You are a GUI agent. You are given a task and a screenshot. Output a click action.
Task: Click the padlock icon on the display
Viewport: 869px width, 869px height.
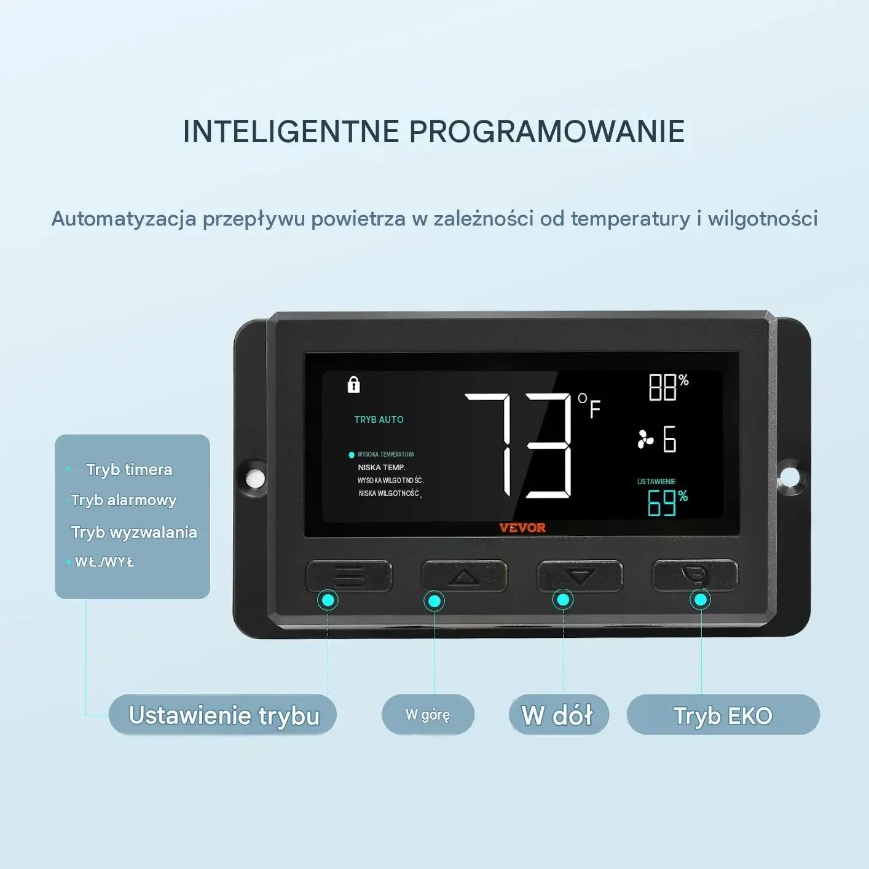pyautogui.click(x=353, y=384)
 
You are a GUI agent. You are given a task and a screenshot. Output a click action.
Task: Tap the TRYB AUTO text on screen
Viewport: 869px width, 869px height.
pyautogui.click(x=379, y=419)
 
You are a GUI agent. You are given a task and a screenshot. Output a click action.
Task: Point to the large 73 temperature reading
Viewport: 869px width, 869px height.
pyautogui.click(x=518, y=445)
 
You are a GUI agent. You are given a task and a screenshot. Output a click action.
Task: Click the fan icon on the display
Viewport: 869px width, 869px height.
pyautogui.click(x=645, y=439)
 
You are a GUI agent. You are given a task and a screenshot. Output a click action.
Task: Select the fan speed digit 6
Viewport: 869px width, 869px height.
pyautogui.click(x=670, y=439)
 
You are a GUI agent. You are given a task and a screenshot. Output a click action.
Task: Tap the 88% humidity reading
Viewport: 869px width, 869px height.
pyautogui.click(x=669, y=387)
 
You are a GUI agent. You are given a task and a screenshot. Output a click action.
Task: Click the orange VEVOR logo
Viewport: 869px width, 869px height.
pyautogui.click(x=522, y=527)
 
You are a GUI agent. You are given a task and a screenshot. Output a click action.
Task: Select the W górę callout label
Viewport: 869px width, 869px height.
pyautogui.click(x=428, y=714)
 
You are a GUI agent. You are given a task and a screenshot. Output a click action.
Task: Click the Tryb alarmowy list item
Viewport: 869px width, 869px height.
pyautogui.click(x=124, y=500)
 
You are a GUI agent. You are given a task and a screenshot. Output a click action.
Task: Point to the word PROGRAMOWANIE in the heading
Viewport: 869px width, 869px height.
pyautogui.click(x=547, y=132)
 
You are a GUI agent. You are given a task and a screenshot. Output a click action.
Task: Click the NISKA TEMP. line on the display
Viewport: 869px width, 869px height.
pyautogui.click(x=382, y=467)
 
